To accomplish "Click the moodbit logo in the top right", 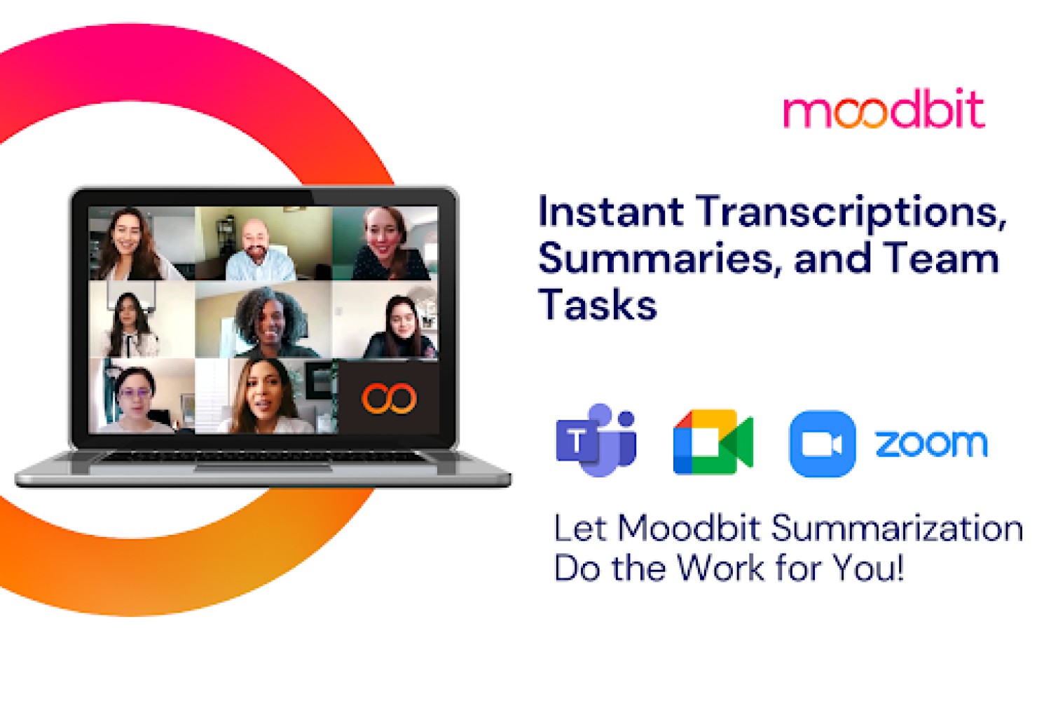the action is tap(884, 109).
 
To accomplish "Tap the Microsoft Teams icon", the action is tap(596, 440).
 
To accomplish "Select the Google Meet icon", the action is tap(713, 442).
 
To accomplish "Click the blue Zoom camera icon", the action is tap(822, 444).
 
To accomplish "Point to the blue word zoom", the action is tap(931, 444).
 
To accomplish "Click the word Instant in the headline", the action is tap(611, 212).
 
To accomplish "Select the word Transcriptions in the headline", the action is tap(851, 214).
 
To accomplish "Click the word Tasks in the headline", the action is tap(597, 305).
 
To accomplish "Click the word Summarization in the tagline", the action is tap(897, 529).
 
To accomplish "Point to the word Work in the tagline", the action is tap(721, 567).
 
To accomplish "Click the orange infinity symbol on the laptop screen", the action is tap(388, 398).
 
